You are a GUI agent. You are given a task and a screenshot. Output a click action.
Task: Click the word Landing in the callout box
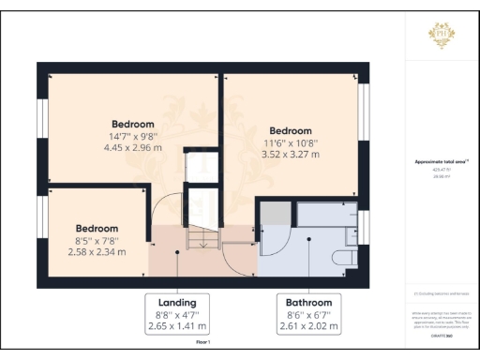coord(178,303)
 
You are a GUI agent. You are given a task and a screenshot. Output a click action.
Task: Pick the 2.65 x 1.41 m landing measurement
coord(178,327)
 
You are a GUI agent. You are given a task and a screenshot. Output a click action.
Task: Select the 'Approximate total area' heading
coord(441,161)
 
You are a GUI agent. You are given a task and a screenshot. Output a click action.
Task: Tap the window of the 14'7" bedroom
coord(42,123)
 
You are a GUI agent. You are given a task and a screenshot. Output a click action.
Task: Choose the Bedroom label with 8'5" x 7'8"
coord(97,229)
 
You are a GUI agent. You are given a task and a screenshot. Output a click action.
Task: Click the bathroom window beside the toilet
coord(364,227)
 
